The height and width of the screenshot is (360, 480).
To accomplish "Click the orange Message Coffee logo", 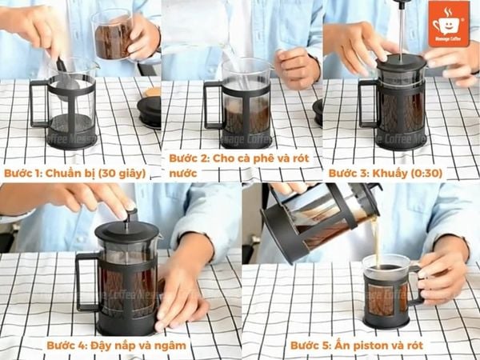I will coord(448,22).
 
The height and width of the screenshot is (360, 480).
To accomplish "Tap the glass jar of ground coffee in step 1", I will coord(113,35).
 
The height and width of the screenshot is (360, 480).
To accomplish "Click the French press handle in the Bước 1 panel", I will coord(36,104).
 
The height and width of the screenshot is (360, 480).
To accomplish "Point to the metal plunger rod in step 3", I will coord(401,28).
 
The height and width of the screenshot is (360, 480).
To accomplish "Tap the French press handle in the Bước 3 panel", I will coord(366,104).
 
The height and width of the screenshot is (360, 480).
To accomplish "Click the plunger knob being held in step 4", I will coord(130,214).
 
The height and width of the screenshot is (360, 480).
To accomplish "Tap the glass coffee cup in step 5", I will coord(386,292).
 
